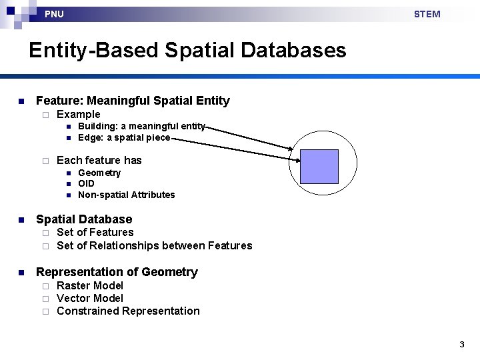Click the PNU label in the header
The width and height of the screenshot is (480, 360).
(54, 14)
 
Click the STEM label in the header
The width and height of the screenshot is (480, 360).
(427, 14)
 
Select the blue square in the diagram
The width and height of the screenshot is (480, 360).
(319, 167)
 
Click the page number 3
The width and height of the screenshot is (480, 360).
(461, 345)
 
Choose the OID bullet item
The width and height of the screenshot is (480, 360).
(86, 183)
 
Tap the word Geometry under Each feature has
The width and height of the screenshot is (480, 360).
(99, 173)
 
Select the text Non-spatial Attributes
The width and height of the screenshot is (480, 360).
(126, 195)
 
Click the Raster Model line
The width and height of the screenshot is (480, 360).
(90, 285)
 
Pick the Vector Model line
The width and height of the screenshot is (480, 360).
(90, 298)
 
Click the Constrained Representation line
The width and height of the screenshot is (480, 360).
(128, 311)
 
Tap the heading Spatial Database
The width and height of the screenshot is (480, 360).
(84, 219)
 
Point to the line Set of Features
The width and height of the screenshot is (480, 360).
(95, 232)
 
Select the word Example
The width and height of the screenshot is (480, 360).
(79, 114)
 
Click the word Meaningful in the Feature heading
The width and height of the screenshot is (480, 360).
(118, 101)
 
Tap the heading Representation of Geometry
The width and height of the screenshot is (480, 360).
(117, 272)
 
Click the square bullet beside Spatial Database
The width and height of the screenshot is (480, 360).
(21, 220)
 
